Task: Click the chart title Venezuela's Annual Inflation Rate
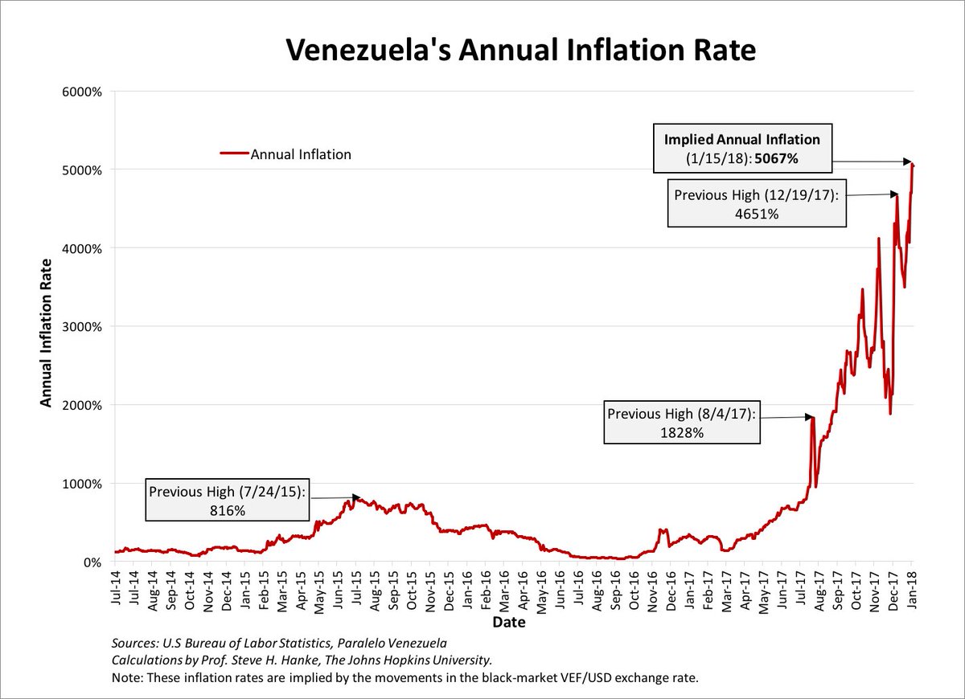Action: [x=521, y=50]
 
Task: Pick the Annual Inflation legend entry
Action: [x=286, y=154]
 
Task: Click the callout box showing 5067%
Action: [x=730, y=149]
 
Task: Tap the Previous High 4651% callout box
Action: [x=756, y=204]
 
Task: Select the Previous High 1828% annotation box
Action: [x=682, y=423]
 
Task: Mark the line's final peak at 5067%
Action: [x=912, y=164]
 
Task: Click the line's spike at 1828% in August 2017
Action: [x=813, y=417]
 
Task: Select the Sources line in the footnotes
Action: [x=277, y=644]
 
